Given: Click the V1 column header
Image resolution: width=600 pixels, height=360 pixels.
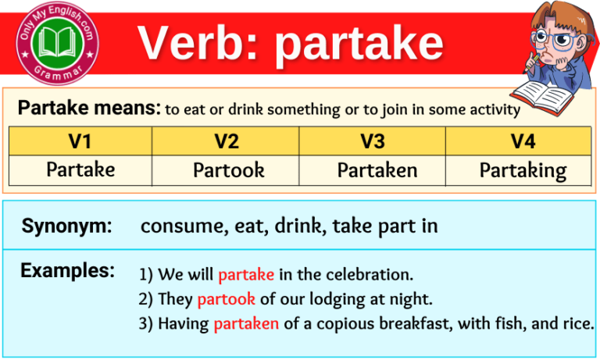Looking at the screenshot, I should pyautogui.click(x=80, y=141).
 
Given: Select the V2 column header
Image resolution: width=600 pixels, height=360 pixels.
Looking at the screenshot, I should pyautogui.click(x=226, y=141).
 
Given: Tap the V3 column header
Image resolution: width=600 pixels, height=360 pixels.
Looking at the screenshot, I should pyautogui.click(x=372, y=141).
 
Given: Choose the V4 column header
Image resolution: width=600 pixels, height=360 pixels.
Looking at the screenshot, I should pyautogui.click(x=518, y=141).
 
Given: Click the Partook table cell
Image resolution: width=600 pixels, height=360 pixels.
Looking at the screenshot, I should pyautogui.click(x=227, y=169).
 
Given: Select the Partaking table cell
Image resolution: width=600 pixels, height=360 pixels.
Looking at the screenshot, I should pyautogui.click(x=523, y=170).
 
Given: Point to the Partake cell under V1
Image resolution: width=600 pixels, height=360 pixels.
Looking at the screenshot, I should pyautogui.click(x=80, y=169).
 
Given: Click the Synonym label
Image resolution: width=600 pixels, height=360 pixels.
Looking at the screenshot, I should pyautogui.click(x=66, y=226).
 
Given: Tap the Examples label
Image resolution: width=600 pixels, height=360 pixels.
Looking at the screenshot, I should pyautogui.click(x=67, y=271).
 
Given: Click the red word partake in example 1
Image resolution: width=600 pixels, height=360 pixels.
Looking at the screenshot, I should pyautogui.click(x=245, y=275).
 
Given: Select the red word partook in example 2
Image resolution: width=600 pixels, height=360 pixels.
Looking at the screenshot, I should pyautogui.click(x=226, y=299).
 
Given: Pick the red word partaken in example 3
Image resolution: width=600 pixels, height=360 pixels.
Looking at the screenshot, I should pyautogui.click(x=246, y=323).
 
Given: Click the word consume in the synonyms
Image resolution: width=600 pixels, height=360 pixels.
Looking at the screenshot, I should pyautogui.click(x=177, y=226).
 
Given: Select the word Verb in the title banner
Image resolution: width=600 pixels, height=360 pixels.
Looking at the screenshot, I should pyautogui.click(x=198, y=43).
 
